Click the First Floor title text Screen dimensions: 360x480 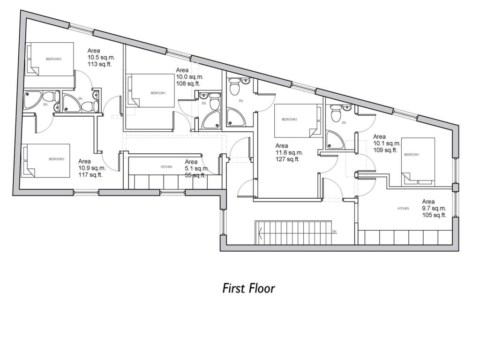tap(248, 288)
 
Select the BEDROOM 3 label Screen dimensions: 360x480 tap(53, 59)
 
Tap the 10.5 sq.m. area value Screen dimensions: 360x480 tap(101, 58)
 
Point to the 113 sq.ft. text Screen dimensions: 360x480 tap(100, 65)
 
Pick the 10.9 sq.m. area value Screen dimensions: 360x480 tap(92, 168)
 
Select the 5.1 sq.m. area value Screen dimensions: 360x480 tap(196, 168)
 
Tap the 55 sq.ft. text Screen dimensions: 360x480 tap(195, 175)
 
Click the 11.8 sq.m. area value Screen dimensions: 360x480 tap(289, 152)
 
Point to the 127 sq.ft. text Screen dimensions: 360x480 tap(288, 159)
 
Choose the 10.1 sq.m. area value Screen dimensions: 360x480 tap(387, 143)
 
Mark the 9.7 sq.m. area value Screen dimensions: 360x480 tap(434, 208)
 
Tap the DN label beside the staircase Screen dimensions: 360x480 tap(334, 232)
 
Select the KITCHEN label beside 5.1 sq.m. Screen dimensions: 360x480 tap(166, 167)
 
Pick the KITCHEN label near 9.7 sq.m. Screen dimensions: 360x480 tap(403, 209)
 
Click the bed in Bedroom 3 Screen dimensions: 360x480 tap(50, 59)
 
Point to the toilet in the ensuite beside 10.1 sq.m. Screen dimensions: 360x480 tap(335, 113)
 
